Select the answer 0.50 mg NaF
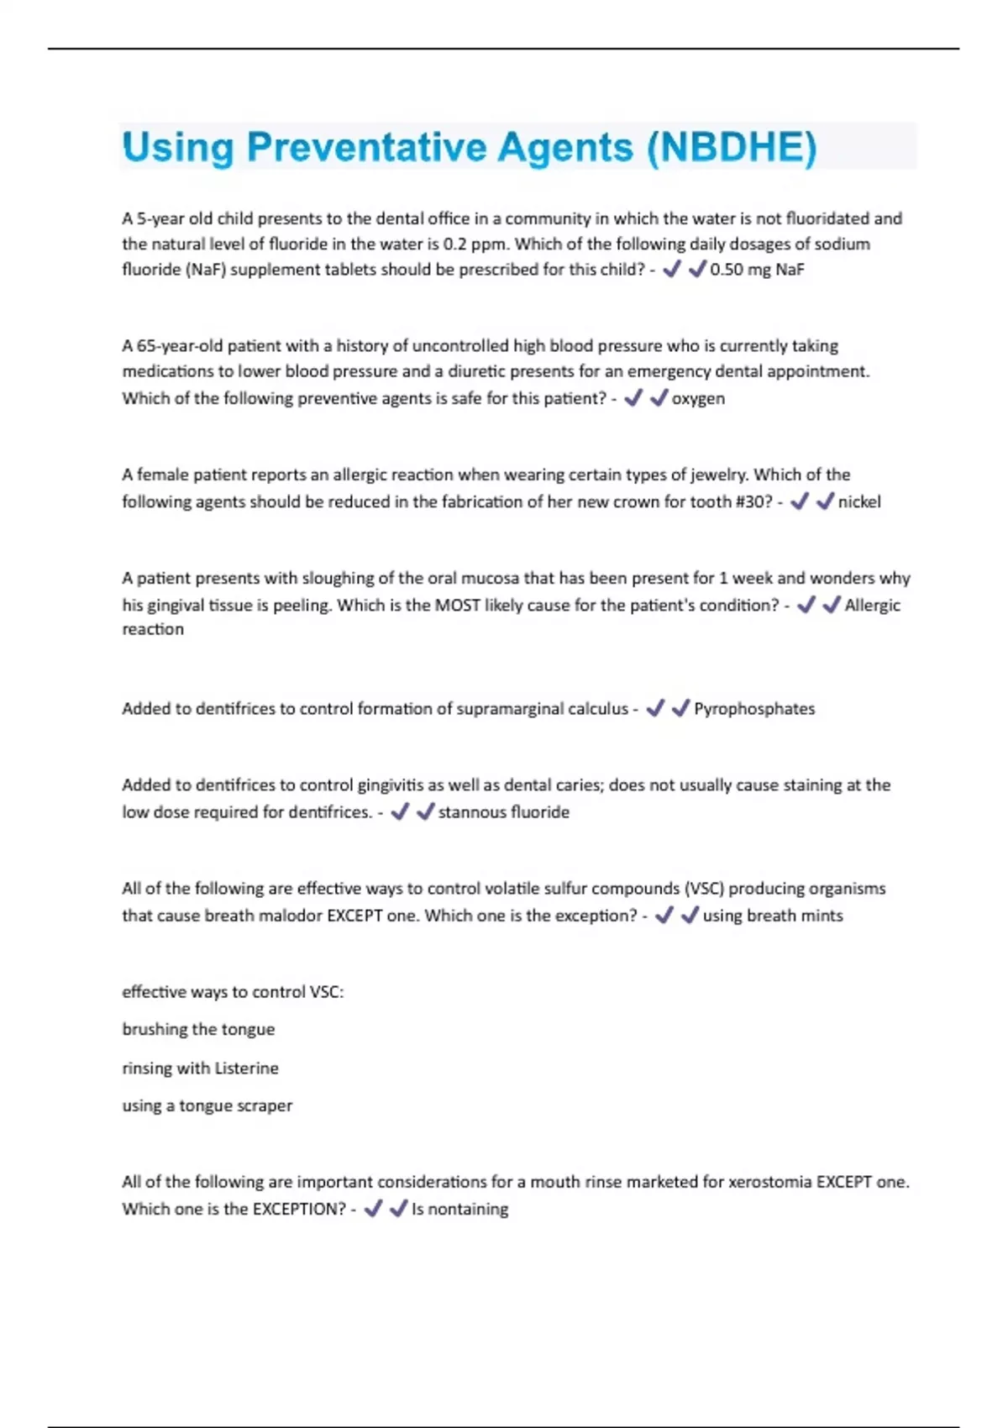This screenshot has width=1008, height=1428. (x=757, y=270)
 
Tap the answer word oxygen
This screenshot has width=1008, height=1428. (x=698, y=398)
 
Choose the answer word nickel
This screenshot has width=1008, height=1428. (x=859, y=501)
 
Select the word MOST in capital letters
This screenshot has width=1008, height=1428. (x=457, y=605)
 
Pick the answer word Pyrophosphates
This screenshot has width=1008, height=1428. (x=754, y=708)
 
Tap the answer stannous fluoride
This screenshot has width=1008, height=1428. (x=504, y=811)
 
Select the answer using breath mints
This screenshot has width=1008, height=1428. (x=773, y=915)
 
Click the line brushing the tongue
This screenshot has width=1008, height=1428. (x=198, y=1029)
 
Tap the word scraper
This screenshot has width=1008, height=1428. (x=264, y=1105)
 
